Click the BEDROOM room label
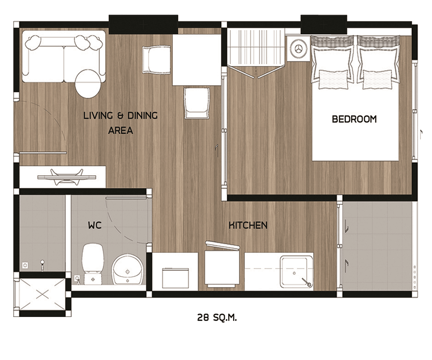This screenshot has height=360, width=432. tap(354, 119)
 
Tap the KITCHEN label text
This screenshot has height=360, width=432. tap(248, 225)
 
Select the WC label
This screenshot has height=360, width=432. tap(95, 225)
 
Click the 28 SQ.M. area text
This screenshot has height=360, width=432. tap(217, 318)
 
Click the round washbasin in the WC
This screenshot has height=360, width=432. tap(127, 269)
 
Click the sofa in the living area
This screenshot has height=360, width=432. tap(64, 57)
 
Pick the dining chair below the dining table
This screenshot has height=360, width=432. tap(197, 103)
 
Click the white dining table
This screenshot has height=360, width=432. tap(197, 60)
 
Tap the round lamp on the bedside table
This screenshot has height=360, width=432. tap(299, 48)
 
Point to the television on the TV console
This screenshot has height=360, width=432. tap(67, 177)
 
